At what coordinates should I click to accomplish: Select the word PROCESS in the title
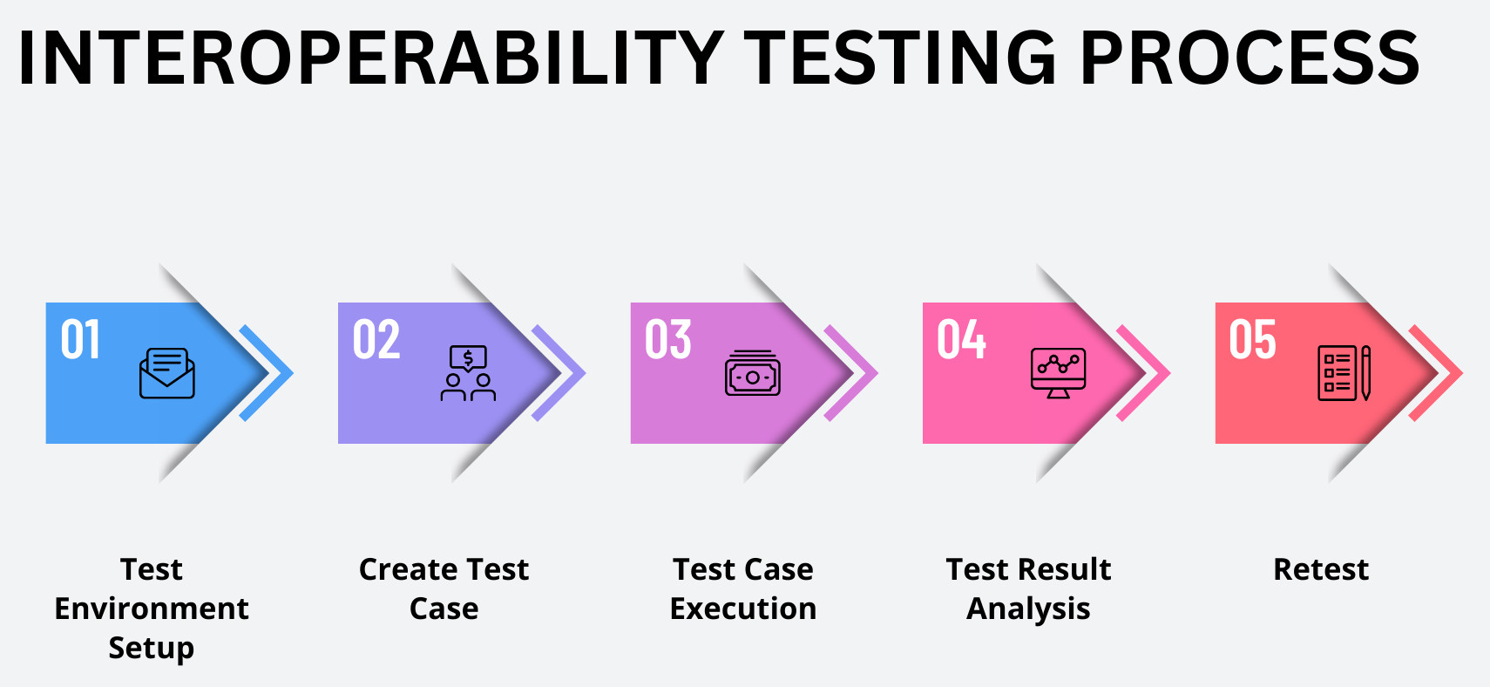[1250, 58]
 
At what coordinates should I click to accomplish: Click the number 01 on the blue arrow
[80, 339]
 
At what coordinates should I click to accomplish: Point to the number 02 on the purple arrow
[376, 339]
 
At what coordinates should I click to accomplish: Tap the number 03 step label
[667, 339]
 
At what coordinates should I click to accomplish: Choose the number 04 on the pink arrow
[961, 339]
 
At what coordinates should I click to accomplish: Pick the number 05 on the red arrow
[1252, 339]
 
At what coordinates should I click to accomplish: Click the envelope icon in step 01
[167, 373]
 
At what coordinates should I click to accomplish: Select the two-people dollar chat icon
[468, 373]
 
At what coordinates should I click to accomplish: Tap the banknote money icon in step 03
[752, 373]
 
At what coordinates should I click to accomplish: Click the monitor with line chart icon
[1059, 373]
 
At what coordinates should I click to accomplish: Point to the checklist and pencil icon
[1344, 373]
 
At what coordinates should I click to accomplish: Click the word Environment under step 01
[152, 609]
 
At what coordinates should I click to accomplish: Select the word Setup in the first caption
[152, 649]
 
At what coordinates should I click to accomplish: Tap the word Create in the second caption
[409, 569]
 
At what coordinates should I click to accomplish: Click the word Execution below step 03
[743, 609]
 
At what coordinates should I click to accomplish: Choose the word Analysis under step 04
[1028, 609]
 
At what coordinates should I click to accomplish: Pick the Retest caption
[1321, 570]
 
